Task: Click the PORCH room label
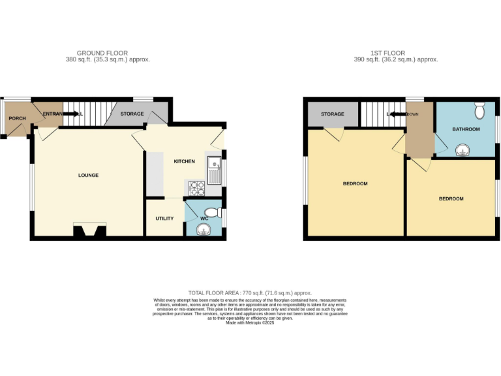(17, 118)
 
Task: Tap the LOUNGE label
(89, 175)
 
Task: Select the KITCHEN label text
(184, 161)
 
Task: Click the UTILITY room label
(164, 218)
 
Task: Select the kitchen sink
(215, 167)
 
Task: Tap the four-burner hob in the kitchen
(197, 188)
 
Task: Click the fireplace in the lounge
(89, 230)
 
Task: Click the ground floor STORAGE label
(132, 114)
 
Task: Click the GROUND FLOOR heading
(102, 53)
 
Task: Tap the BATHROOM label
(466, 129)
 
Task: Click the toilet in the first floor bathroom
(480, 110)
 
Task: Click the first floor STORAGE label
(332, 114)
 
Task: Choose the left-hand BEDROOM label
(355, 183)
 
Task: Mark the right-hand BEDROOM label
(451, 198)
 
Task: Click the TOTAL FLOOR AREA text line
(250, 293)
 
